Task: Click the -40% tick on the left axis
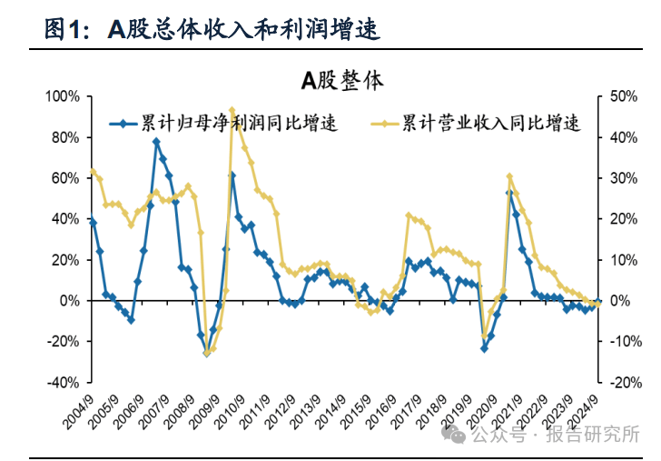tap(65, 382)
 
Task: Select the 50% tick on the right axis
tap(620, 96)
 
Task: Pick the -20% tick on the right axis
tap(622, 382)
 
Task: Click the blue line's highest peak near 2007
tap(156, 142)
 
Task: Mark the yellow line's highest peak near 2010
tap(232, 110)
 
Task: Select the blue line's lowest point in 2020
tap(484, 348)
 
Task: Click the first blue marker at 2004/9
tap(93, 221)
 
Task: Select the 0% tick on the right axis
tap(618, 300)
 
